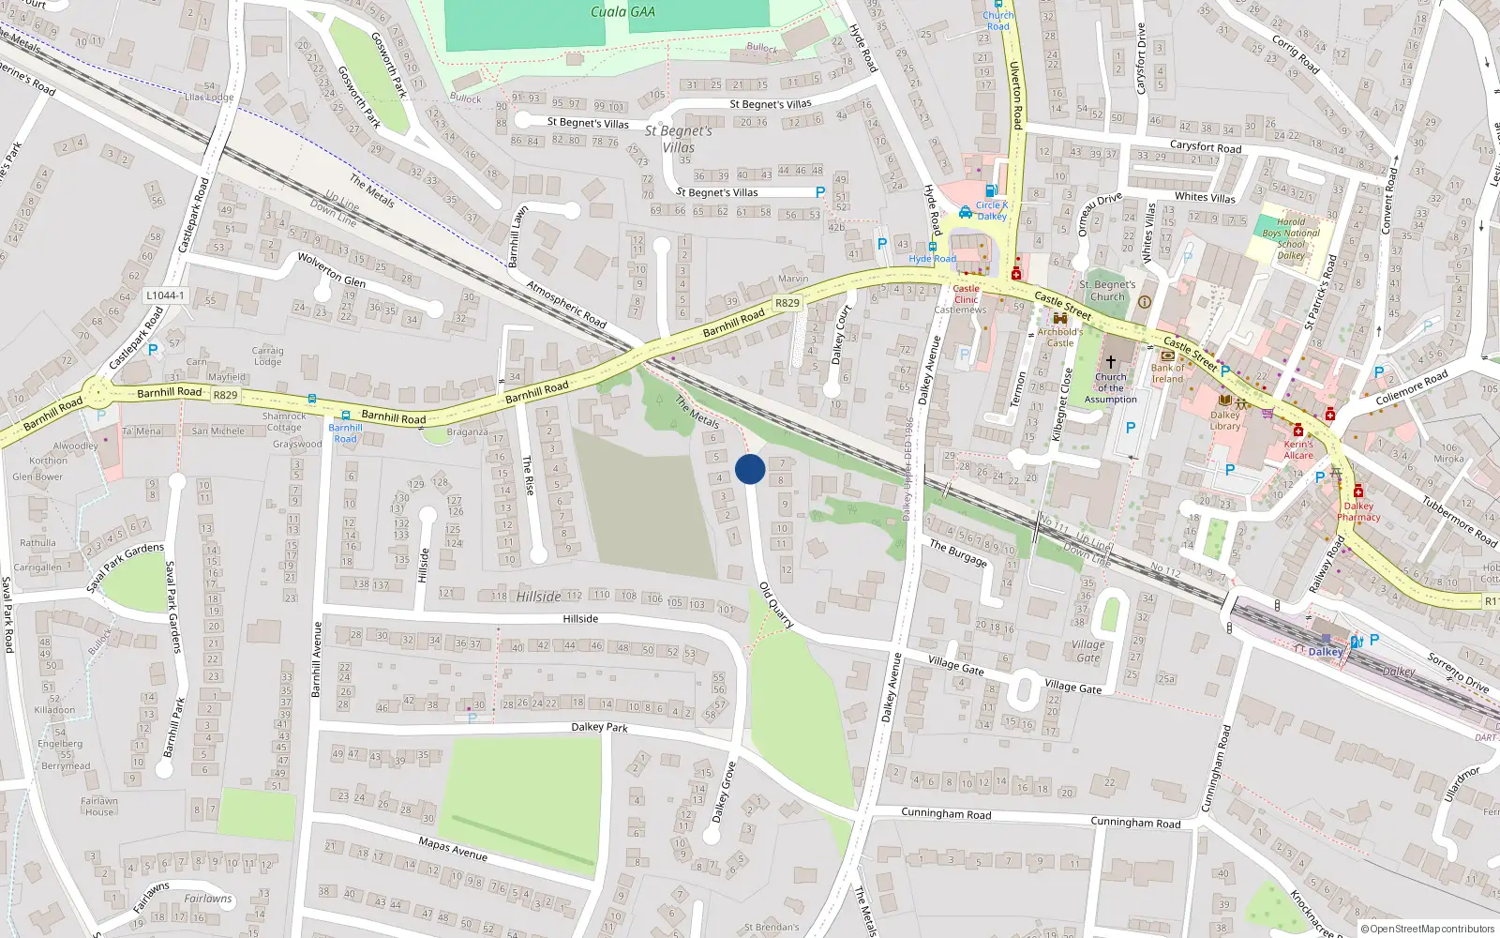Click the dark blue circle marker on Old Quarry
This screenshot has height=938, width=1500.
[750, 469]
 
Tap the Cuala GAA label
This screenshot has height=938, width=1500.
[622, 12]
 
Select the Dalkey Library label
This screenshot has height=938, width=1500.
[1224, 420]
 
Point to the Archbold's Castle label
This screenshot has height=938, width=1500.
[1059, 337]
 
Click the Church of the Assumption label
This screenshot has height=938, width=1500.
[1110, 387]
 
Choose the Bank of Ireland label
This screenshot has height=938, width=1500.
[1167, 373]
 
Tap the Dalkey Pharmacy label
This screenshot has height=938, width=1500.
[1358, 511]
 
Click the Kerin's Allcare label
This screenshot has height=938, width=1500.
[1298, 449]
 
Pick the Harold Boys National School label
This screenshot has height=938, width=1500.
[1290, 238]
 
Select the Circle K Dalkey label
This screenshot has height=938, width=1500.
[991, 210]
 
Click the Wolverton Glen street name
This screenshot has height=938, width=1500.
[331, 269]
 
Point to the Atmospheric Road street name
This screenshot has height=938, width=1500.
[566, 304]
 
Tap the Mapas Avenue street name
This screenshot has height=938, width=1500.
[453, 849]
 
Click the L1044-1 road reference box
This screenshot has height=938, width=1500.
[165, 295]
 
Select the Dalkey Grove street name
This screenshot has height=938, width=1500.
[724, 793]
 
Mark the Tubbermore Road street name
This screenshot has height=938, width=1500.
[1460, 521]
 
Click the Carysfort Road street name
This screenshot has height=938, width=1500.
[1206, 146]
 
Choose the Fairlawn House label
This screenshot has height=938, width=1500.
[99, 807]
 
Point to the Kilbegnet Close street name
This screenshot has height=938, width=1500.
[1061, 404]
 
